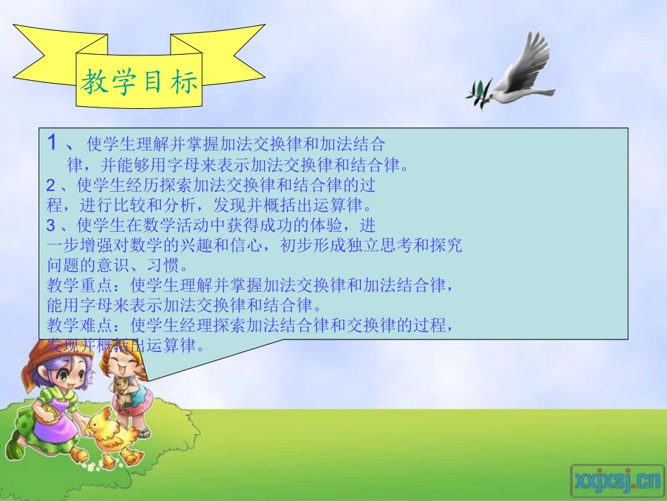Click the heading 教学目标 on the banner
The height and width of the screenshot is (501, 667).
click(138, 83)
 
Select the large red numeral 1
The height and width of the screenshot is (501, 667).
click(51, 144)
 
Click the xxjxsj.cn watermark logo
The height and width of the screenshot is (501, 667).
click(616, 479)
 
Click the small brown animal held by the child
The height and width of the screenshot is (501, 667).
click(124, 390)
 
